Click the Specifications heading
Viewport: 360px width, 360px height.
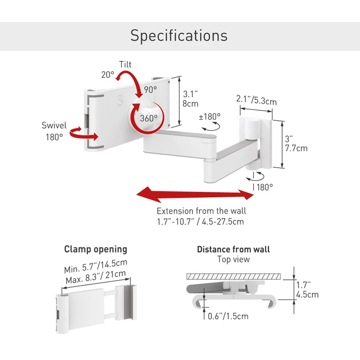point(179,36)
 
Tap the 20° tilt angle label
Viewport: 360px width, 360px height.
point(107,75)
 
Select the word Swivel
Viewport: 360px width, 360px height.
point(54,125)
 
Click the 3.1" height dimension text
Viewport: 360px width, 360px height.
point(190,94)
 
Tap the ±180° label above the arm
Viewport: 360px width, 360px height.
point(210,117)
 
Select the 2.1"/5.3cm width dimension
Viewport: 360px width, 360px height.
point(256,100)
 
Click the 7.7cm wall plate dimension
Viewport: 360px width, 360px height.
point(296,148)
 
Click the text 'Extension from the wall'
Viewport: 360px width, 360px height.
point(201,211)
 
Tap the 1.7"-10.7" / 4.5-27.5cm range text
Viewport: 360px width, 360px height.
point(200,221)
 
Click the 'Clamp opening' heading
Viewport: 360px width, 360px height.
point(95,249)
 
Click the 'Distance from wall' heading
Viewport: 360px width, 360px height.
point(233,249)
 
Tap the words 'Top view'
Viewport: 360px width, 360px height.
point(233,259)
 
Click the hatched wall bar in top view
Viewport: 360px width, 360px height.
point(233,276)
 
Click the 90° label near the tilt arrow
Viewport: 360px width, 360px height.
point(150,90)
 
